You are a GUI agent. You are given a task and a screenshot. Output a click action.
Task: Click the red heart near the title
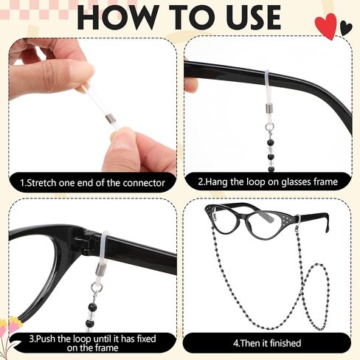click(326, 27)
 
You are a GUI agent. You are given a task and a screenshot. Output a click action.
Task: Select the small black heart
click(346, 27)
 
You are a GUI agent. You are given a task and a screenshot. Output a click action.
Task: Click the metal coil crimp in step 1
click(109, 119)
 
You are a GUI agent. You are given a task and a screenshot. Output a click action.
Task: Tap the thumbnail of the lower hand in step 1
click(120, 134)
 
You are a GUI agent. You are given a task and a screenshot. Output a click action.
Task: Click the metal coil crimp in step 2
click(270, 107)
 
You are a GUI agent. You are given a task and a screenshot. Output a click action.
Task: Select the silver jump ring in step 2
click(270, 128)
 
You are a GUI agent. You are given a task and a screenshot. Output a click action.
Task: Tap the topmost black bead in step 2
click(271, 142)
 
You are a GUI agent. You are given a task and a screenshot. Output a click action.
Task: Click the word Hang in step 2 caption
click(216, 182)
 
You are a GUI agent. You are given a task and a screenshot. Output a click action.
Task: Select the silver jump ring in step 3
click(95, 288)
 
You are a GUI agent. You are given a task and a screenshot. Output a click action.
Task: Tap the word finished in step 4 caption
click(285, 343)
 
